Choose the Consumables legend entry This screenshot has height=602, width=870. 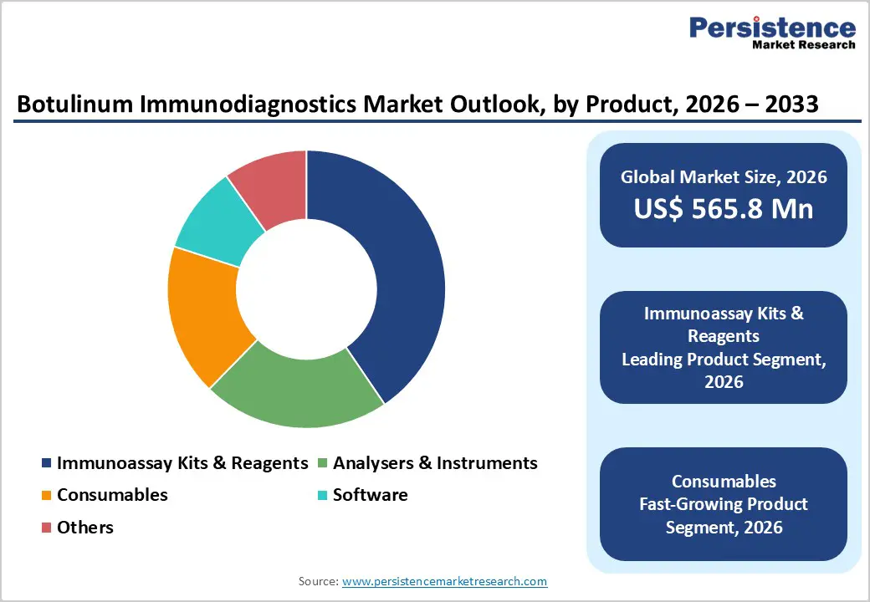[112, 495]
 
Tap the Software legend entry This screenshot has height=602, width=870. [370, 495]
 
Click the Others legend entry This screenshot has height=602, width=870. [84, 528]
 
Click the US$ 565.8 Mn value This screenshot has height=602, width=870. [723, 209]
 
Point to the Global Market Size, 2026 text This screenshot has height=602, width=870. [723, 176]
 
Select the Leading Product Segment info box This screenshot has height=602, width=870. [723, 347]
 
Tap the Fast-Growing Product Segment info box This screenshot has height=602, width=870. [723, 503]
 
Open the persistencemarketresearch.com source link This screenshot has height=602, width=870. [444, 581]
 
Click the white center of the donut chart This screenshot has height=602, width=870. [306, 289]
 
